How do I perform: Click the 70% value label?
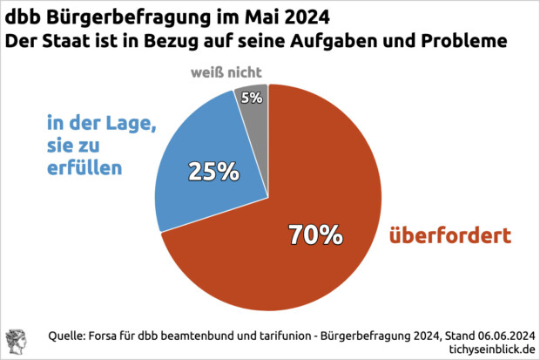tap(315, 234)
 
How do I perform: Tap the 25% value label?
tap(214, 172)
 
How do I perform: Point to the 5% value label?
tap(253, 98)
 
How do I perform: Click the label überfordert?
tap(451, 235)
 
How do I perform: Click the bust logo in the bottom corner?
tap(17, 341)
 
